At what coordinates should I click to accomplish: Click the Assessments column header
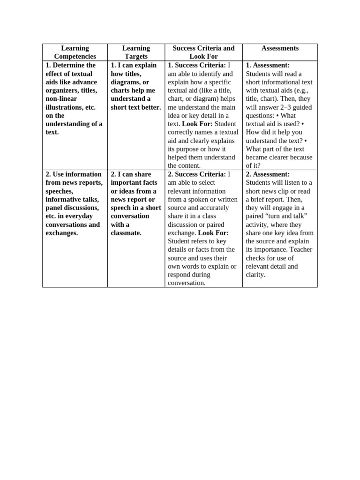pyautogui.click(x=280, y=48)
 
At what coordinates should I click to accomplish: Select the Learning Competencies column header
pyautogui.click(x=75, y=52)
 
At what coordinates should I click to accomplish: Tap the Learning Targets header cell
pyautogui.click(x=136, y=52)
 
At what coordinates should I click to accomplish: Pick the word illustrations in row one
pyautogui.click(x=65, y=107)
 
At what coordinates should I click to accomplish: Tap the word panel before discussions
pyautogui.click(x=56, y=208)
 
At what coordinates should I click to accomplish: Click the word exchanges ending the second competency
pyautogui.click(x=61, y=233)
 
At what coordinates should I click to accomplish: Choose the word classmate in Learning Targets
pyautogui.click(x=126, y=233)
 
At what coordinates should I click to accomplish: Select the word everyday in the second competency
pyautogui.click(x=80, y=216)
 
